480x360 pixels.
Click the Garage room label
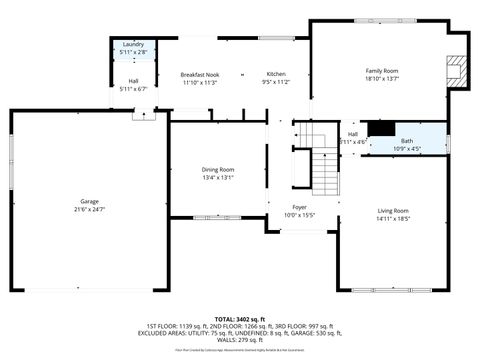pos(89,201)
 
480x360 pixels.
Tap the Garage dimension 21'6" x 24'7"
pos(89,210)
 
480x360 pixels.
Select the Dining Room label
pos(218,169)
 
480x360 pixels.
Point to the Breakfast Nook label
pos(199,75)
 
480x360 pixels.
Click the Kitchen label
pos(275,75)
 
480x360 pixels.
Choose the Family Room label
pos(382,71)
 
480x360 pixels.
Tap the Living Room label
pos(393,210)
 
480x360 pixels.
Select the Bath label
pos(407,141)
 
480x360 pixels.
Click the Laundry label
pos(133,45)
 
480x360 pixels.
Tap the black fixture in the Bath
pos(381,128)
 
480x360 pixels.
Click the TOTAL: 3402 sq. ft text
pos(240,318)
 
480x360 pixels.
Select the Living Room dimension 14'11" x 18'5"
pos(393,218)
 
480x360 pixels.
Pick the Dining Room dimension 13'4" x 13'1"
pos(218,178)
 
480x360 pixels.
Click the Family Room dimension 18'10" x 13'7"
pos(382,79)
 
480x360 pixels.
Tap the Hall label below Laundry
pos(133,81)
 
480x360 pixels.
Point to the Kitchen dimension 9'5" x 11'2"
pos(275,83)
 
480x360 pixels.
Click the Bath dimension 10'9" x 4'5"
pos(407,149)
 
